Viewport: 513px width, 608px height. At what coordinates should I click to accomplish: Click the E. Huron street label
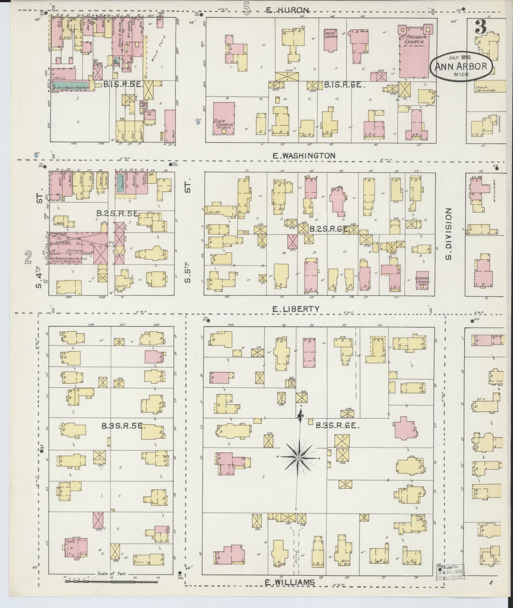[288, 10]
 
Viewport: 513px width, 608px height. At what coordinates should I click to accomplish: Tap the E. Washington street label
[304, 156]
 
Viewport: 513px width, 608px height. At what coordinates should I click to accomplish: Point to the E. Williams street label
[290, 582]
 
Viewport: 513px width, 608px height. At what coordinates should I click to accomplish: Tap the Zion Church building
[224, 118]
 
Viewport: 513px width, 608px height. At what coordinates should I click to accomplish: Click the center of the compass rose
[299, 457]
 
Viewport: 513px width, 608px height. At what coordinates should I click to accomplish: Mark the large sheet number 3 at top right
[481, 27]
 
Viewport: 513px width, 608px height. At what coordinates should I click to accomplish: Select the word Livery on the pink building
[64, 242]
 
